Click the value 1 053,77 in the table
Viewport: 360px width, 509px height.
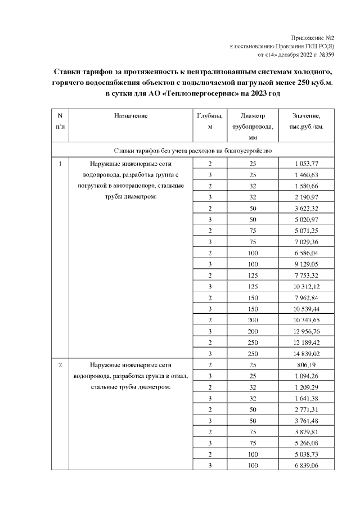point(307,164)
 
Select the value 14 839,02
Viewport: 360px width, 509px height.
point(307,354)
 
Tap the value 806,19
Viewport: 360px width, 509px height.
point(307,365)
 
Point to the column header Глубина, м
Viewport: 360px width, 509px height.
point(209,121)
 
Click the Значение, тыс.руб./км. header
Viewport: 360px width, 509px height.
point(307,121)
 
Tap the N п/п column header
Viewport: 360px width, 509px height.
point(60,121)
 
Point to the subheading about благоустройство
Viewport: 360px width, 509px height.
point(193,151)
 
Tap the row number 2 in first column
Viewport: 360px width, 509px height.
point(60,365)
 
